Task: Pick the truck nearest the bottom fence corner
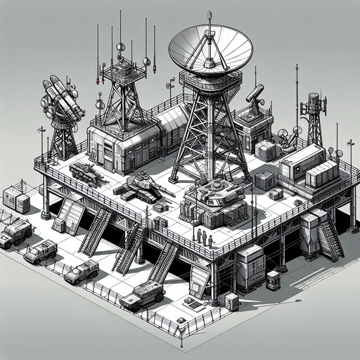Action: coord(143,295)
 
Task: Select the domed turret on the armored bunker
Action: coord(212,191)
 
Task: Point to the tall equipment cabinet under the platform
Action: coord(250,268)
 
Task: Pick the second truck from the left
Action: coord(41,250)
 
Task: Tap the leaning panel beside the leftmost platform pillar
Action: coord(71,214)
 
